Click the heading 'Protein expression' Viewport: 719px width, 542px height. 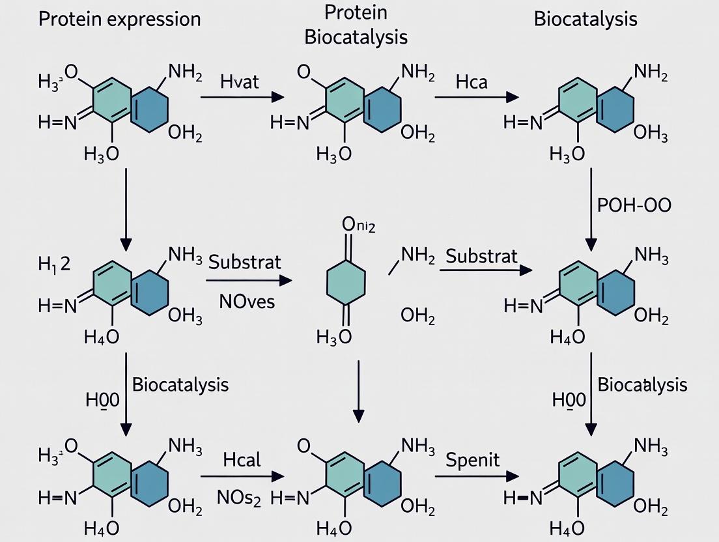pos(119,19)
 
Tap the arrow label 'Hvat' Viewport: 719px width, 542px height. pos(240,81)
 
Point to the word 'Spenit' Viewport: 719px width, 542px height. pos(473,460)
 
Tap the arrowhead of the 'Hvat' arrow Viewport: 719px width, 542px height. pos(278,97)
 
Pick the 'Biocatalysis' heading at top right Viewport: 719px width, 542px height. pos(585,19)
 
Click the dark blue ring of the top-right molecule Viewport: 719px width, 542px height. pos(615,109)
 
